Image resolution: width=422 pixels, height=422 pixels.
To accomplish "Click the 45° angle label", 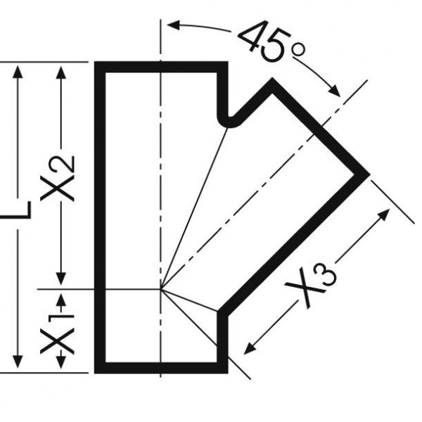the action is (271, 41).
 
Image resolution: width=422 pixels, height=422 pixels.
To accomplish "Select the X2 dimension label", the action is (58, 179).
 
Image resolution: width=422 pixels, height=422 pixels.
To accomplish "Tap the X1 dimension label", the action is (58, 333).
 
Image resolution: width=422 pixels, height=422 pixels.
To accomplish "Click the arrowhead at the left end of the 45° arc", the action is (174, 25).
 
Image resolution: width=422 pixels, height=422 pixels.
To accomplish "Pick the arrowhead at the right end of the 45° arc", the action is (334, 91).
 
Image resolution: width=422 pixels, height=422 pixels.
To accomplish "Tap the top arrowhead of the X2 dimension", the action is (61, 72).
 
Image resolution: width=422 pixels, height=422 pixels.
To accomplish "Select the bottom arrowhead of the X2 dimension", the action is (61, 279).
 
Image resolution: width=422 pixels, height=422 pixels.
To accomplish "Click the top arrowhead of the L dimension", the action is (18, 72).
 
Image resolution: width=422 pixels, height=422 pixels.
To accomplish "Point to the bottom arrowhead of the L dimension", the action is (18, 362).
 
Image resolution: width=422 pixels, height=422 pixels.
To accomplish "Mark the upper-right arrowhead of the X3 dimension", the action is (384, 215).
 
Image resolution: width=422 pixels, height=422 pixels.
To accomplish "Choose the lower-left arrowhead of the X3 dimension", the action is (250, 349).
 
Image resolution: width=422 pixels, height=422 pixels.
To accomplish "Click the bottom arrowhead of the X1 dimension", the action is (61, 362).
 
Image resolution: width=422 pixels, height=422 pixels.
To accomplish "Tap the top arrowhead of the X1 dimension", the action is (61, 300).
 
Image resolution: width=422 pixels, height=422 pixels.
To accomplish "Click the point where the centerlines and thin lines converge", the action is (160, 289).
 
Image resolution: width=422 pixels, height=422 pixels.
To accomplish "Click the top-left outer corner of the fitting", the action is (94, 62).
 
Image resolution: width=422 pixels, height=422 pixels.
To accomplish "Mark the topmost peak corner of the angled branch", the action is (272, 78).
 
